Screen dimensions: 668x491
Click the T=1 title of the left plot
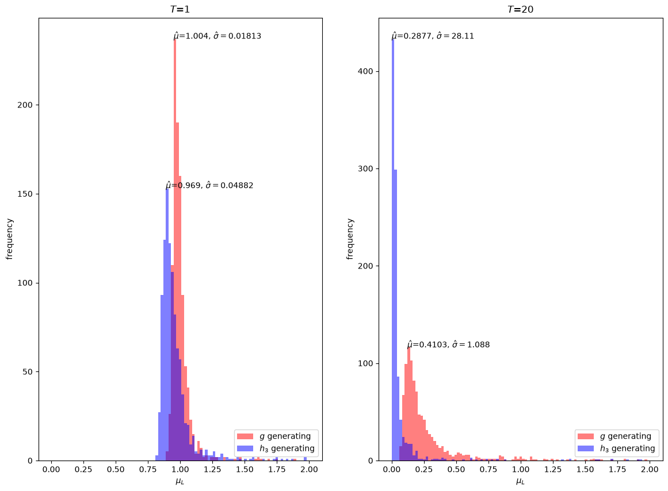pos(180,9)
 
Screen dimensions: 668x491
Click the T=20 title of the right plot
pos(520,9)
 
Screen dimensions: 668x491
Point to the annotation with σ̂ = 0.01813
pos(217,36)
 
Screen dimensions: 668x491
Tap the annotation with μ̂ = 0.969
pos(209,185)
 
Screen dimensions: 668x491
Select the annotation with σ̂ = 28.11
pos(433,36)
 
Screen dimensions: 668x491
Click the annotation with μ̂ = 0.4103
pos(449,344)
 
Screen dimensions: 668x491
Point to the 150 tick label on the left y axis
pos(25,194)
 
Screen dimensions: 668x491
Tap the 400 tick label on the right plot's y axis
pos(365,71)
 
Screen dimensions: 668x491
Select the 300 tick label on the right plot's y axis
pos(365,168)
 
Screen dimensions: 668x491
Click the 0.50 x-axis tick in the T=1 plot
pos(116,469)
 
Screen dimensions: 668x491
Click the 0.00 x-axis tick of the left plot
pos(51,469)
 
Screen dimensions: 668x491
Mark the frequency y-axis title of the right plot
pos(350,239)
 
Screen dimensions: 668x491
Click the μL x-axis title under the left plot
pos(180,482)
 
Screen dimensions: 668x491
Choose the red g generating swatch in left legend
pos(245,436)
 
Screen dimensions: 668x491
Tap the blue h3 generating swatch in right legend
pos(586,448)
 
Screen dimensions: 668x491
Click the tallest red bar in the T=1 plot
pos(175,250)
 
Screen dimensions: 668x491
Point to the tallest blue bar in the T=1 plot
pos(167,324)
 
